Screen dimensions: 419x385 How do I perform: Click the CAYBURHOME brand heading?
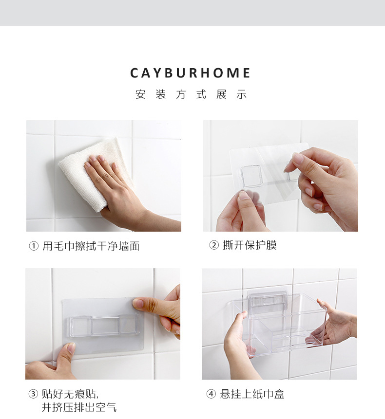pos(191,73)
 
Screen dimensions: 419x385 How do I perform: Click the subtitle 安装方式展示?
pos(191,95)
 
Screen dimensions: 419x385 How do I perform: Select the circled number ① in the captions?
pos(34,246)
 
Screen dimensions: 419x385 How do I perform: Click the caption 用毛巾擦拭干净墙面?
pos(91,246)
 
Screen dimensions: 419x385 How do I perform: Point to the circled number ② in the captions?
pos(214,245)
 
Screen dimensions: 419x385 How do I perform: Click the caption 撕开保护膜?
pos(250,245)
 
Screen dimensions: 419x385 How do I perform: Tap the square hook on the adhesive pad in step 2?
pos(251,176)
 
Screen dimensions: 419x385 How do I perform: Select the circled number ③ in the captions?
pos(34,394)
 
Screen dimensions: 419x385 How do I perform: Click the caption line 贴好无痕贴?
pos(67,394)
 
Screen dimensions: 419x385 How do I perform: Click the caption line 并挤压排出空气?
pos(79,407)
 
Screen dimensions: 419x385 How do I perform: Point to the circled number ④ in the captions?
pos(211,394)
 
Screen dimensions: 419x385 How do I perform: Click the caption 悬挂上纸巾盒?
pos(252,394)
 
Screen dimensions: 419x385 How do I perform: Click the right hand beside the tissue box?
pos(336,324)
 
